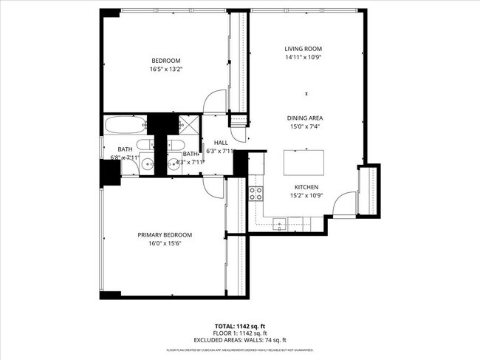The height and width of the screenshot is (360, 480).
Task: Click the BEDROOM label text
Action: [x=165, y=61]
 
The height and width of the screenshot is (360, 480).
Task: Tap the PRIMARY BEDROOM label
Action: [x=165, y=235]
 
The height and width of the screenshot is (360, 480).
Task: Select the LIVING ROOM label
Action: [x=304, y=50]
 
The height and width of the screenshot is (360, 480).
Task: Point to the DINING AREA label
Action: [x=305, y=118]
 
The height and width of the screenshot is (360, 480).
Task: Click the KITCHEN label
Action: [x=306, y=187]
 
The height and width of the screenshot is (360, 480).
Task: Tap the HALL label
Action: [x=221, y=143]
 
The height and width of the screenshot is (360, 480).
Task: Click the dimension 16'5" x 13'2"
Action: [x=165, y=69]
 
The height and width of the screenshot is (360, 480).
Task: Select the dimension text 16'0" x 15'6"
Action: [x=165, y=243]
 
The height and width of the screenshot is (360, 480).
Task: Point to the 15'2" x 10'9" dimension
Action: [x=306, y=196]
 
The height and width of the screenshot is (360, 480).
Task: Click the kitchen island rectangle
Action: [x=304, y=160]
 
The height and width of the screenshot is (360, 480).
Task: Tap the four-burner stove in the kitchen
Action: [x=256, y=194]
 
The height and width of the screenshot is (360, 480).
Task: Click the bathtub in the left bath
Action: [x=126, y=124]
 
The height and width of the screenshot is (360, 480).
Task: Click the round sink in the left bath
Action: [x=148, y=164]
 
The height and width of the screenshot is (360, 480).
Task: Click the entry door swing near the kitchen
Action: [x=345, y=205]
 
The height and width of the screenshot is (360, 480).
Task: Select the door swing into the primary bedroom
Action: [x=213, y=188]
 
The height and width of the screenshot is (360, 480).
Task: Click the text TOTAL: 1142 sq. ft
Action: [x=240, y=326]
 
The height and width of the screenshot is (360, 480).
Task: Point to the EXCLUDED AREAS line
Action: [x=240, y=340]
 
